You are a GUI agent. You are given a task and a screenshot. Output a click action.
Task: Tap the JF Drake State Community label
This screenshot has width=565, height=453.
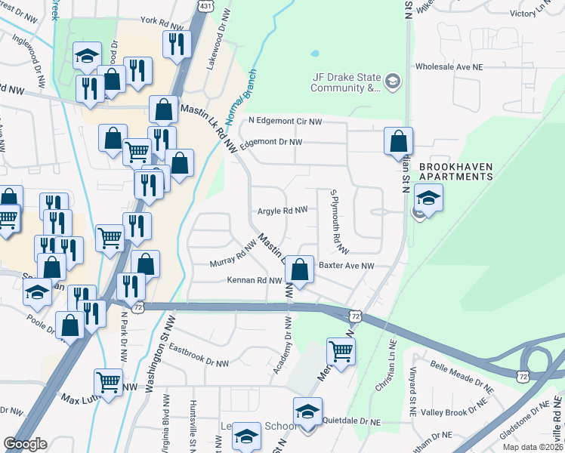[x=348, y=82]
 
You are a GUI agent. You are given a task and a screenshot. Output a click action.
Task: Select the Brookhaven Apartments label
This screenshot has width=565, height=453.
[x=455, y=171]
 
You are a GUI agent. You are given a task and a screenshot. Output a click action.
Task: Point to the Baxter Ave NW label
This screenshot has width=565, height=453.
[x=347, y=266]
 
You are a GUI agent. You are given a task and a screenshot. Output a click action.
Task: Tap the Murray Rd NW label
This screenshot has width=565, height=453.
[x=233, y=256]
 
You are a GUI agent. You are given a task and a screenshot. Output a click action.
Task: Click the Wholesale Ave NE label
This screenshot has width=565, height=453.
[x=453, y=66]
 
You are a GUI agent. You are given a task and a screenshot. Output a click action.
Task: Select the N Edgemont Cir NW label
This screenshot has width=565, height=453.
[x=286, y=121]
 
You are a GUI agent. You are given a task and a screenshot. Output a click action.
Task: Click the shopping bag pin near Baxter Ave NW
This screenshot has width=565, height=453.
[x=300, y=270]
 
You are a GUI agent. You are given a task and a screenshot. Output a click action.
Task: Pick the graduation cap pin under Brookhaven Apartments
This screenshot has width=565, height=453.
[x=428, y=198]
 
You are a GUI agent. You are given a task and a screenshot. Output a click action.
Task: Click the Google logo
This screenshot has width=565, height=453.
[x=26, y=444]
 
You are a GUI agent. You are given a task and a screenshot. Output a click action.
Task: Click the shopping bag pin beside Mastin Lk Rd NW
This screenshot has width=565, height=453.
[x=163, y=110]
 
